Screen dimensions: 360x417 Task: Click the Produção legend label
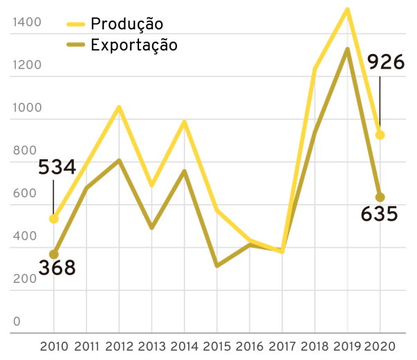point(127,24)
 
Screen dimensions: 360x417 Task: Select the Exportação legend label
point(134,46)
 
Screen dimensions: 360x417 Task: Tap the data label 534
point(57,168)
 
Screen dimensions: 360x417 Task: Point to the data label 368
point(57,267)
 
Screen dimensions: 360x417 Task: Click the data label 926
point(386,63)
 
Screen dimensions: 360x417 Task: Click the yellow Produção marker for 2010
point(54,219)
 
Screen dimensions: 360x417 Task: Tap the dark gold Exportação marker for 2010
point(54,254)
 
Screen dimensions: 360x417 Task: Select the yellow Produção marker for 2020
point(380,135)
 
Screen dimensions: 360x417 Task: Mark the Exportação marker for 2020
point(380,197)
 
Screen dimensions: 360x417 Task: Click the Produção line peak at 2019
point(347,10)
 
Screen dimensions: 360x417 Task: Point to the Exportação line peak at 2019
point(347,50)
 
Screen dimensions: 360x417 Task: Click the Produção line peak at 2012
point(119,107)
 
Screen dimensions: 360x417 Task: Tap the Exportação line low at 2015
point(216,265)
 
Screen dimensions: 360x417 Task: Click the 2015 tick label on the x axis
point(216,345)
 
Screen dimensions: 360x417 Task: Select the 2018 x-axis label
point(315,345)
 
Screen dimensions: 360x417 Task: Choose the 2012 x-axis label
point(119,345)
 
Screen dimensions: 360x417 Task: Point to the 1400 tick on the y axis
point(27,23)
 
